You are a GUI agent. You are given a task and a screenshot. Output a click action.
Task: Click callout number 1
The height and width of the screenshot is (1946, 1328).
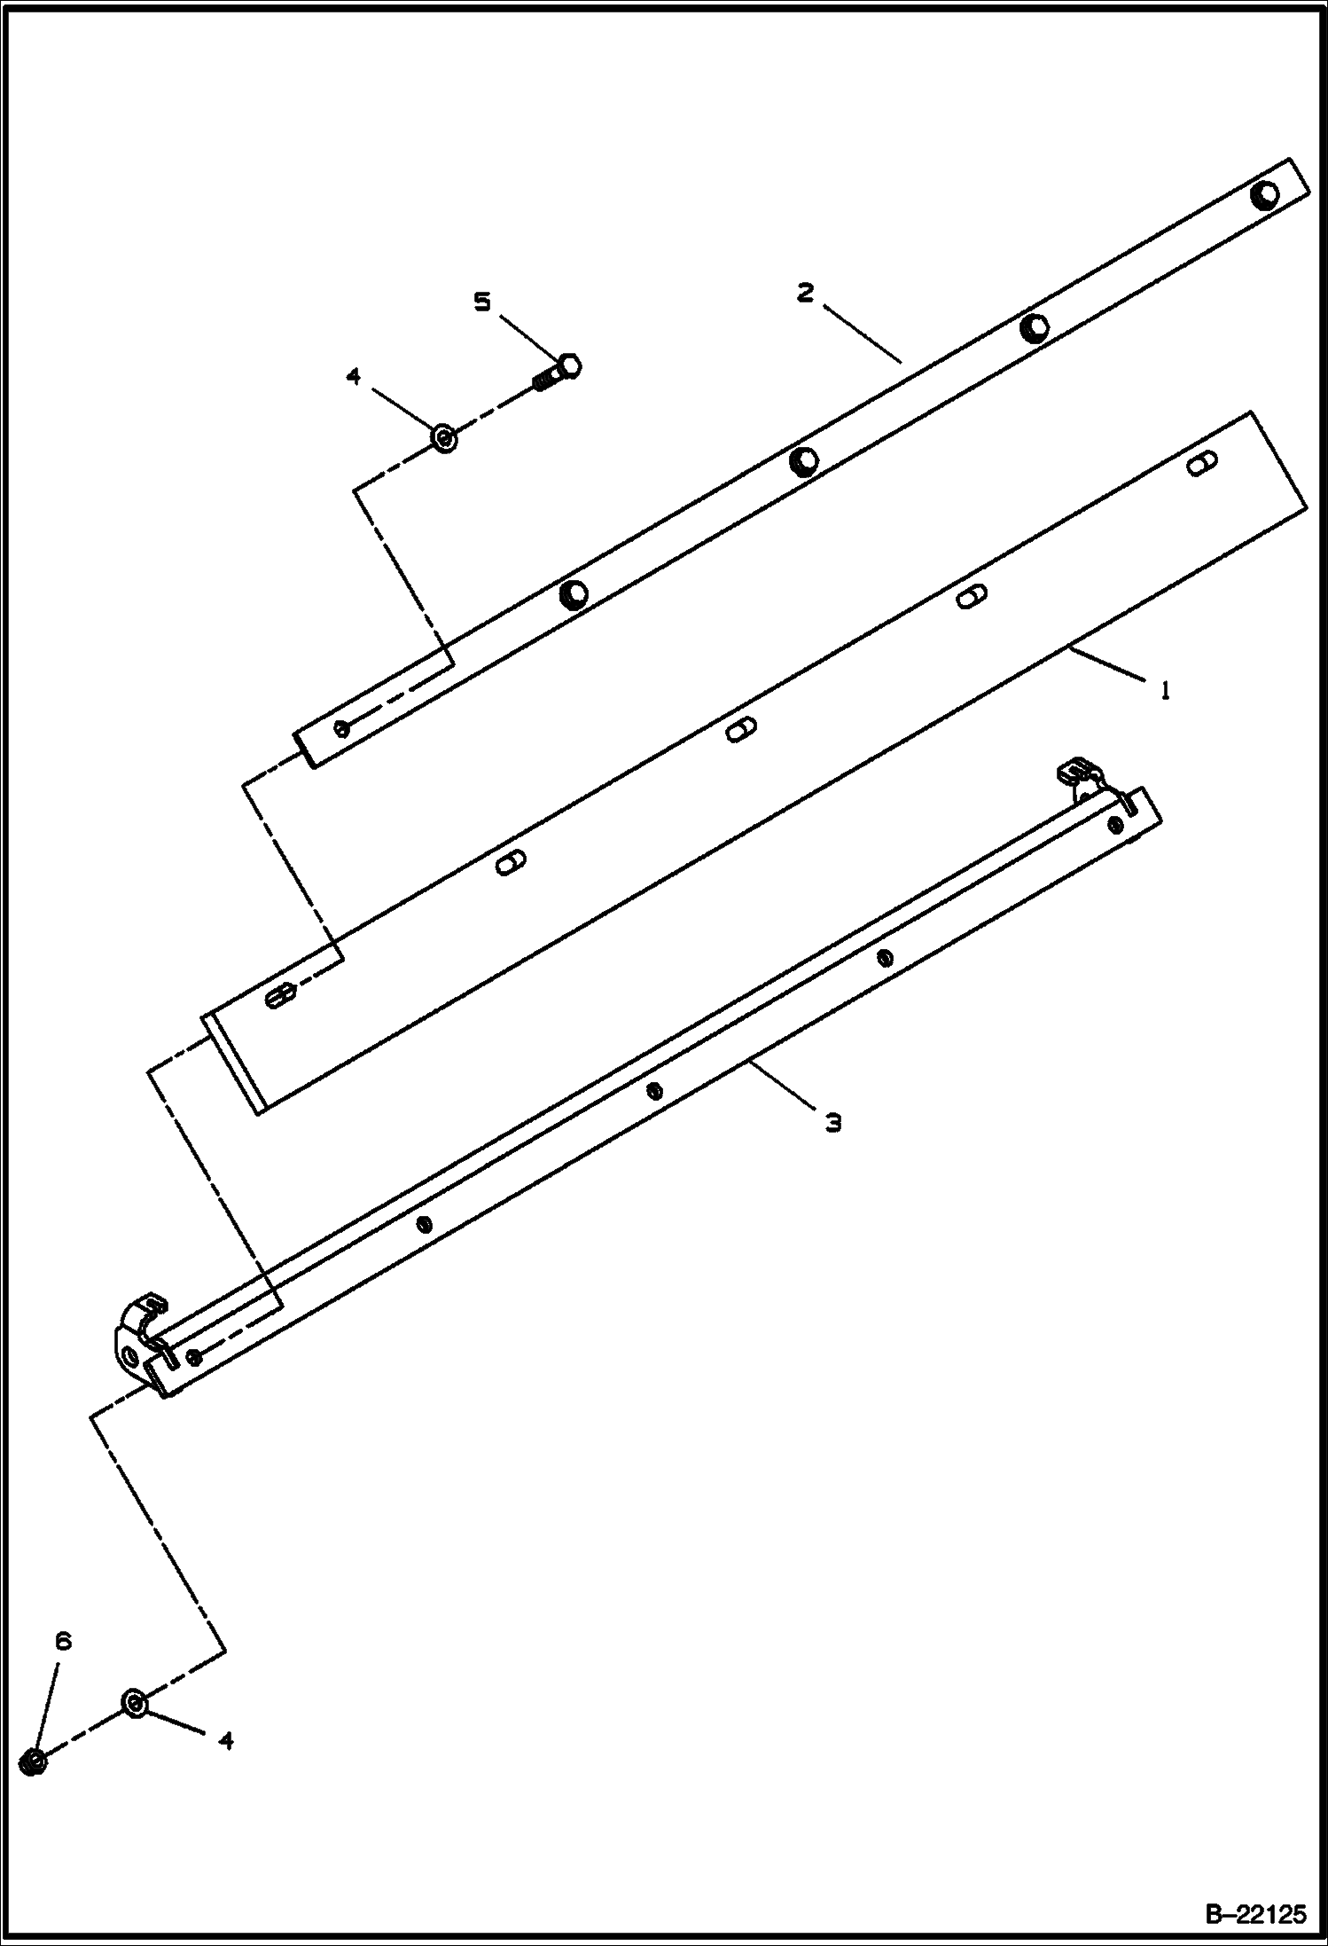[x=1165, y=689]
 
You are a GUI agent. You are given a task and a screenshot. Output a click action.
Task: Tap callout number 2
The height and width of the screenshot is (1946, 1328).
[x=804, y=294]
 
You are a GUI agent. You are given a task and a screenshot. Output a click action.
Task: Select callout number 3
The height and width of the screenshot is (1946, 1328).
[x=832, y=1122]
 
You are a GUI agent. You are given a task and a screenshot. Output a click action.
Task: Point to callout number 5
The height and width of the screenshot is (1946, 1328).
[x=481, y=302]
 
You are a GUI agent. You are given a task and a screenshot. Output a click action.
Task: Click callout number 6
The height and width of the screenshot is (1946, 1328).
[x=62, y=1641]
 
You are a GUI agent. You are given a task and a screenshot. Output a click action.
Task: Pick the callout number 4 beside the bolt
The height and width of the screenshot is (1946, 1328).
[x=354, y=377]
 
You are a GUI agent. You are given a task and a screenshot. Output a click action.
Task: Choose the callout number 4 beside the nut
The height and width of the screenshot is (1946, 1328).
[x=226, y=1740]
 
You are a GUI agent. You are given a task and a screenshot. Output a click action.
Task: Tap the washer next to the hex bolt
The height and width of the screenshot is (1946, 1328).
[x=444, y=437]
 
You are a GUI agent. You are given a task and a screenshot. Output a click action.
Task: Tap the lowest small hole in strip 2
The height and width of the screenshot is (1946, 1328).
[x=342, y=728]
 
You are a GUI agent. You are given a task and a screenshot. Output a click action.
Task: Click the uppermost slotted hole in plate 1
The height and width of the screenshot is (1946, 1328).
[x=1202, y=462]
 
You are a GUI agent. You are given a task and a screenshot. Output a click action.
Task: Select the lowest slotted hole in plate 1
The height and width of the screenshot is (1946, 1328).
[x=279, y=996]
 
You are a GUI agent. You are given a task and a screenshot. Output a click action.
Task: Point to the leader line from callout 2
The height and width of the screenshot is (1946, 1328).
[x=863, y=333]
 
